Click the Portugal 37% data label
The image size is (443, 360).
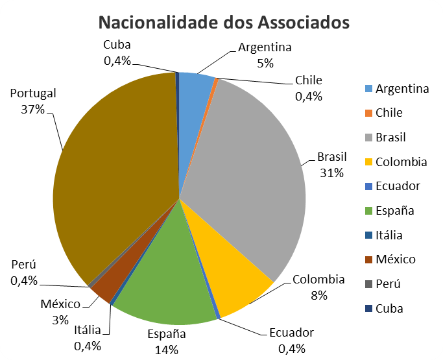pyautogui.click(x=33, y=101)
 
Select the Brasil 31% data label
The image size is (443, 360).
pyautogui.click(x=331, y=165)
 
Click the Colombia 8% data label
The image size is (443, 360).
pyautogui.click(x=318, y=287)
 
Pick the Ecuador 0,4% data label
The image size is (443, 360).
pyautogui.click(x=291, y=341)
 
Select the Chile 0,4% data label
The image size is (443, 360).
pyautogui.click(x=308, y=88)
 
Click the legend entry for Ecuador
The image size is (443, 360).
pyautogui.click(x=398, y=186)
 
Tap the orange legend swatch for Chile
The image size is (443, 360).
pyautogui.click(x=368, y=113)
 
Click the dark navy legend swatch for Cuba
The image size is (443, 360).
pyautogui.click(x=368, y=309)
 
